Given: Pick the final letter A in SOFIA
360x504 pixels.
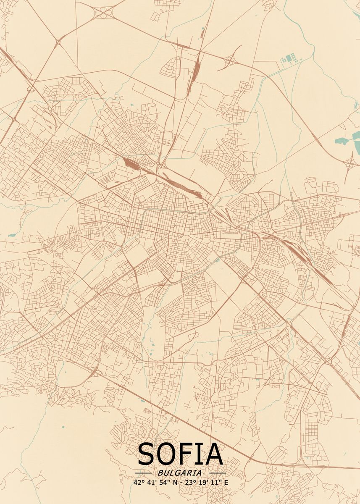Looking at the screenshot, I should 214,454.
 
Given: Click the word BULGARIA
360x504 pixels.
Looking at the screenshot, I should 180,473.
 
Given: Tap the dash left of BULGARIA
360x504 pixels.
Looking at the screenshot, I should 143,473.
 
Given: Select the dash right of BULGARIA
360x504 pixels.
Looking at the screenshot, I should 217,473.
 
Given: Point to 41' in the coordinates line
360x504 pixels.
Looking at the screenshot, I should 151,483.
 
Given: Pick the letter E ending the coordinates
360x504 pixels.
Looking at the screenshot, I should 226,483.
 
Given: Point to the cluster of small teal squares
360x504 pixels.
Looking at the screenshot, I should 290,58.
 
